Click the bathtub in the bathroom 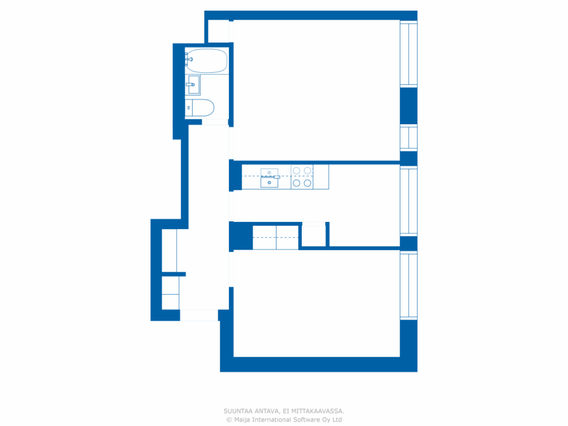pos(207,61)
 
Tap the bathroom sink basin pos(194,85)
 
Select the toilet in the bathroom pos(200,107)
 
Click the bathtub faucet pos(189,59)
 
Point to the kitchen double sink pos(269,178)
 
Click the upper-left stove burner pos(296,171)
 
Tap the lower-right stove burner pos(308,183)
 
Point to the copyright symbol pos(229,420)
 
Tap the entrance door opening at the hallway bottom pos(199,316)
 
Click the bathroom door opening pos(215,122)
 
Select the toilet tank pos(189,107)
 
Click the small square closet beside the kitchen pos(314,236)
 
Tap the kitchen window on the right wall pos(409,201)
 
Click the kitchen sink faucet pos(276,177)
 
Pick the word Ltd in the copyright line pos(338,419)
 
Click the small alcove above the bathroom pos(218,31)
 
